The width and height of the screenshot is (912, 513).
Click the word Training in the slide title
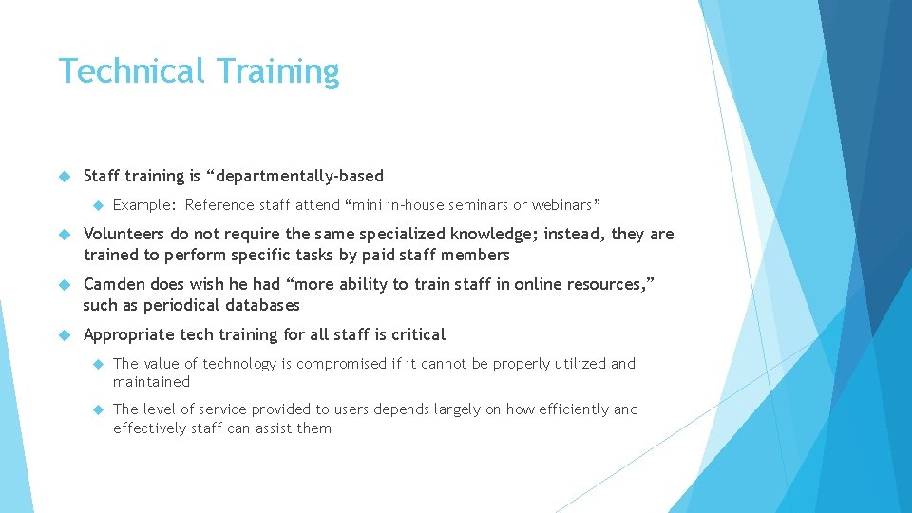click(277, 71)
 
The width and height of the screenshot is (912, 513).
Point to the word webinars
click(564, 205)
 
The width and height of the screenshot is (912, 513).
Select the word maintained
click(152, 382)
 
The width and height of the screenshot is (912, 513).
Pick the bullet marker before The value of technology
click(98, 364)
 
